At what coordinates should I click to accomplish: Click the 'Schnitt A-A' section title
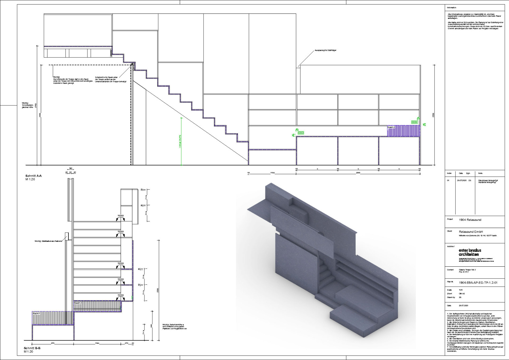[34, 176]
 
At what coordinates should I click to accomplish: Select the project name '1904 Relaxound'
[470, 220]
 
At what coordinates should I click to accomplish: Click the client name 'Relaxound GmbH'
[471, 232]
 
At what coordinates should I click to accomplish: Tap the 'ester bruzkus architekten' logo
[470, 252]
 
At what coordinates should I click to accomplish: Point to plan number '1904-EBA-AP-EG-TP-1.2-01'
[478, 283]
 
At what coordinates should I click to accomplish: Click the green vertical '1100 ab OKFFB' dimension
[180, 141]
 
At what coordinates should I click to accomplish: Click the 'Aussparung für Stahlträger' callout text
[325, 50]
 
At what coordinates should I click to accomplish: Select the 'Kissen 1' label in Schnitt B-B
[36, 313]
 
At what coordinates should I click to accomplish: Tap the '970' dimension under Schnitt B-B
[53, 343]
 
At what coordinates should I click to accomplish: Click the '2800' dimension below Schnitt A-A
[358, 173]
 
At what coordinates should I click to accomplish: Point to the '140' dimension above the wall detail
[71, 169]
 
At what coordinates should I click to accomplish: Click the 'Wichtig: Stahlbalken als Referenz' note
[48, 241]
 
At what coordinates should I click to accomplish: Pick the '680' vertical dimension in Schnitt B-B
[152, 326]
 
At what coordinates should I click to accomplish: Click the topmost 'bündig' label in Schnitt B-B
[121, 216]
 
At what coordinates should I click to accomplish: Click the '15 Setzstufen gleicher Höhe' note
[27, 105]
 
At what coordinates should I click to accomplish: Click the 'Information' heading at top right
[451, 7]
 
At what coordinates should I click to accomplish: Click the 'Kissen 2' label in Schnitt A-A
[391, 127]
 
